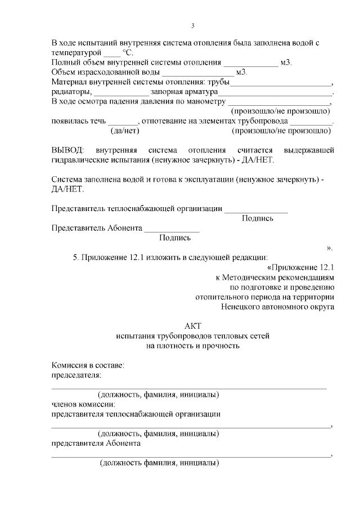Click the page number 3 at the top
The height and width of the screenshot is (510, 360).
pos(192,26)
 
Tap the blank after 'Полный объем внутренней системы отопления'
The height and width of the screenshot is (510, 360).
pos(250,62)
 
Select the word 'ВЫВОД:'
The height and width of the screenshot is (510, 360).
pos(67,150)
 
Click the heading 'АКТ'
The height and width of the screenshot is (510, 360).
pos(192,326)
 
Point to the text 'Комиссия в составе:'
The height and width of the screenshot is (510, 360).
pos(88,365)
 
